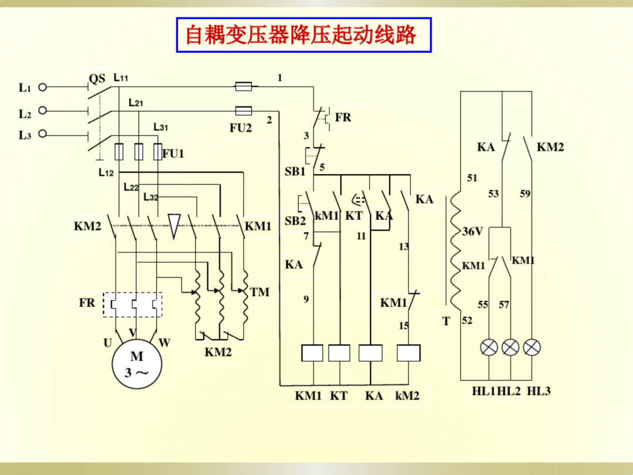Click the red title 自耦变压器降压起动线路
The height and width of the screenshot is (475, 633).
click(301, 35)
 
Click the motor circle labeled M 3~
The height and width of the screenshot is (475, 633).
click(137, 364)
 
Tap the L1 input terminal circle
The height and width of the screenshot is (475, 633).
click(42, 87)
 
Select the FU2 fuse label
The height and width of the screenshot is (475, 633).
click(240, 128)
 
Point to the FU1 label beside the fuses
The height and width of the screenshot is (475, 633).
click(173, 154)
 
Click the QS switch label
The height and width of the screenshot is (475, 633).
click(97, 79)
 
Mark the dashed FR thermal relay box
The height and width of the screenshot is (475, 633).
click(133, 304)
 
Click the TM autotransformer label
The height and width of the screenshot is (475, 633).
click(260, 291)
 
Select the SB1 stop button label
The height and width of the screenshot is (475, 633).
click(295, 172)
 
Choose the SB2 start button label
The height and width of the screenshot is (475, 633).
click(295, 221)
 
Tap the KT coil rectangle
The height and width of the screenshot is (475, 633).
click(339, 353)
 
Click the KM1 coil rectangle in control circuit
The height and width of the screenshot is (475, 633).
click(312, 353)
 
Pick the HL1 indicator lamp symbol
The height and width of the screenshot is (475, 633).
click(489, 347)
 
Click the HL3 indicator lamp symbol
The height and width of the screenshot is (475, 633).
click(532, 347)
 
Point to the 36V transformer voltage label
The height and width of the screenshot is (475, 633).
click(472, 232)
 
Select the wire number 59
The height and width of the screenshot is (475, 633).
click(525, 194)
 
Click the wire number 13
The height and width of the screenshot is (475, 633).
click(404, 247)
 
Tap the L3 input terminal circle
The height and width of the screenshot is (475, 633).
click(42, 134)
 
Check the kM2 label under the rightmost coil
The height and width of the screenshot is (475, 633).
click(407, 396)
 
